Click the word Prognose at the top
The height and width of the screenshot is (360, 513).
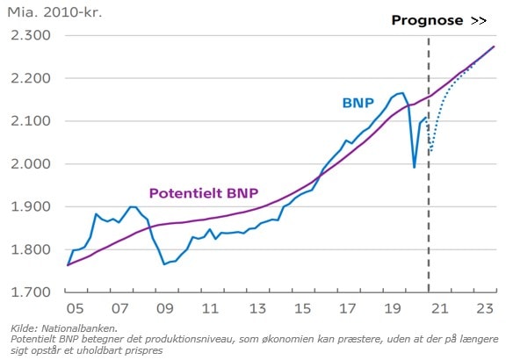427,19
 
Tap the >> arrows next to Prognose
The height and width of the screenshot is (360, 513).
479,19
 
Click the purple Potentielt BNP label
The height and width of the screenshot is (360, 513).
203,193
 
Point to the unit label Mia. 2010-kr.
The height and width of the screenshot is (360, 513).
53,13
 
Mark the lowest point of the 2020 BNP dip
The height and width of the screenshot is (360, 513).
415,167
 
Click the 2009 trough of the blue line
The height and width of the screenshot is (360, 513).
164,263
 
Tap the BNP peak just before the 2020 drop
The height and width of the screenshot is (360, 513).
401,92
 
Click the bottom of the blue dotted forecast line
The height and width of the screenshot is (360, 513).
430,153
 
